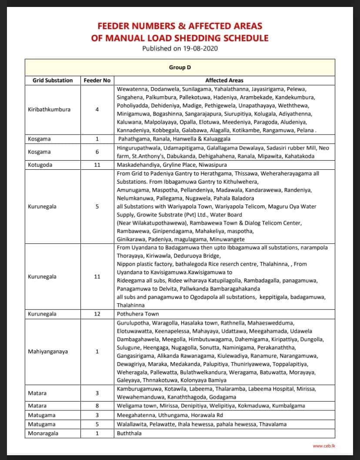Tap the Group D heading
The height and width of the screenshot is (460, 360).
click(x=180, y=67)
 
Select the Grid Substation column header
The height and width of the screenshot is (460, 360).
click(x=53, y=80)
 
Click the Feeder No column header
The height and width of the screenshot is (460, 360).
click(x=97, y=80)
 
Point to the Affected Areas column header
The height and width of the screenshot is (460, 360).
click(x=224, y=80)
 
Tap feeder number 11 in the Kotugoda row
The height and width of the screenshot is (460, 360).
click(x=97, y=165)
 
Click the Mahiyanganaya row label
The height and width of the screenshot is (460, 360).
click(x=48, y=351)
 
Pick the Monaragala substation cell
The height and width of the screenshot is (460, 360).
click(x=43, y=433)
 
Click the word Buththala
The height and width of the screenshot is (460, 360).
click(x=129, y=433)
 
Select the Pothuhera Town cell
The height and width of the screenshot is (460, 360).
click(x=138, y=314)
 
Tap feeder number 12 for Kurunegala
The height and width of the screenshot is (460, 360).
click(x=97, y=314)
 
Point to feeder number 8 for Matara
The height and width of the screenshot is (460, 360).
click(x=97, y=406)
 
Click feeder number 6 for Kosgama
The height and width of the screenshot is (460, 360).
click(x=97, y=152)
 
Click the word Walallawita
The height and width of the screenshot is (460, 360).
click(x=131, y=424)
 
